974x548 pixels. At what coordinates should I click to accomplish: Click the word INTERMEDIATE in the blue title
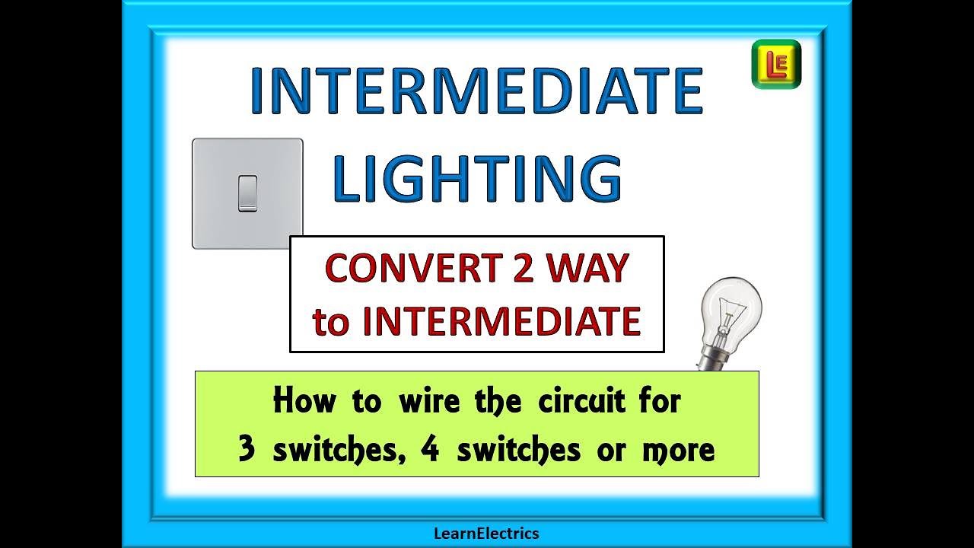click(476, 91)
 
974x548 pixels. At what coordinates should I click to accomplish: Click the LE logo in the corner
click(776, 65)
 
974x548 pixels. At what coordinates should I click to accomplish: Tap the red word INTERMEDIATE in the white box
click(501, 321)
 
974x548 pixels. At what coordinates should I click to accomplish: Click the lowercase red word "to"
click(331, 323)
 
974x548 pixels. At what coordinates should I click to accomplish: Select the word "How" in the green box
click(304, 400)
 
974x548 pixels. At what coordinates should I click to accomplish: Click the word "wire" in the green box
click(430, 400)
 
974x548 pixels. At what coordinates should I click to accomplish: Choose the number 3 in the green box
click(247, 449)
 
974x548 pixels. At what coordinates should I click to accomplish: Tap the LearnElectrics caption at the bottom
click(486, 534)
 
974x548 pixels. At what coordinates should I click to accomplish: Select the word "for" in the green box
click(660, 400)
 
